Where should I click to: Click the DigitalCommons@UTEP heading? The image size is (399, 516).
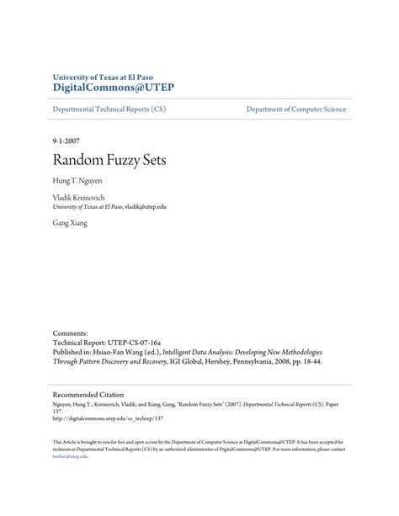coord(113,88)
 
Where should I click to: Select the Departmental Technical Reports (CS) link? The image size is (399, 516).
coord(109,109)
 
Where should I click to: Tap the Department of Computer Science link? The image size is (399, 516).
coord(295,109)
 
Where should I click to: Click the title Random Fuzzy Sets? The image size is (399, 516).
coord(109,159)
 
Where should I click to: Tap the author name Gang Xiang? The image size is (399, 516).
coord(70,223)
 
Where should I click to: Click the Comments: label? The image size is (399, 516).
coord(71,332)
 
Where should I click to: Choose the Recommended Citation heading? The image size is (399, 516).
coord(88,394)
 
